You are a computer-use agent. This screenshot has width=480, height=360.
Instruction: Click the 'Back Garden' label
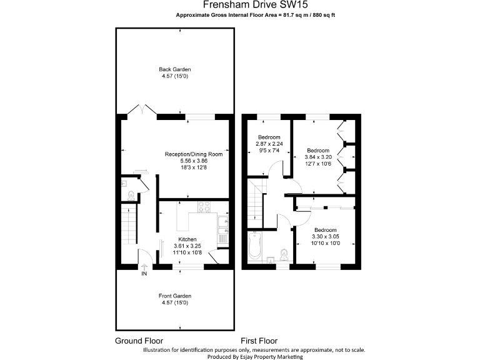point(174,69)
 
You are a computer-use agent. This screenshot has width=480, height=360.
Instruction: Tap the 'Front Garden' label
point(174,296)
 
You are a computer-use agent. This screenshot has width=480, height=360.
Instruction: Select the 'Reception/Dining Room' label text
point(193,154)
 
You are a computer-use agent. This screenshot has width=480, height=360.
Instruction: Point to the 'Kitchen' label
point(187,239)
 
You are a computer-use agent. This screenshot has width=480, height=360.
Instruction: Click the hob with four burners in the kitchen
point(204,207)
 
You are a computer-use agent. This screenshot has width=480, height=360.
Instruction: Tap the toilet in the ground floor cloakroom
point(129,196)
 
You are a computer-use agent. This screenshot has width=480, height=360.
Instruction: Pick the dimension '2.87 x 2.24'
point(269,144)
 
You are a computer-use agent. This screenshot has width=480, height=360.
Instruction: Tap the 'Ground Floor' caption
point(139,341)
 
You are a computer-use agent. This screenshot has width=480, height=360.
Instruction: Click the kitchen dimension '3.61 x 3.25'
point(187,246)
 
